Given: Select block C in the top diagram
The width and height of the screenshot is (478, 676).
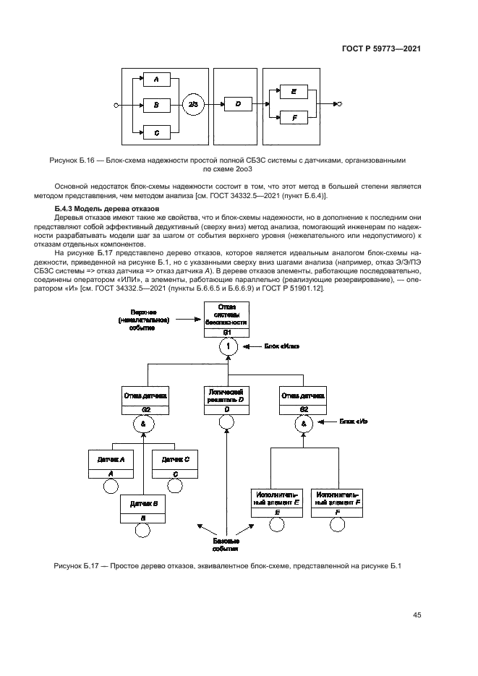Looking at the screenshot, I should click(x=156, y=132).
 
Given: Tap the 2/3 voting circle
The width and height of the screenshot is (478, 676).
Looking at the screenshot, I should click(x=192, y=106).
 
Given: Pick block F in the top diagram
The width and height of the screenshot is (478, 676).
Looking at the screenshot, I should click(x=294, y=117).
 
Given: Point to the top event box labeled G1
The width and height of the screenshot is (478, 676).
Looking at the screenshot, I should click(x=227, y=322).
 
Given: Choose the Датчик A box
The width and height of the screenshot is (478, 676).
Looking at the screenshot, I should click(x=111, y=464).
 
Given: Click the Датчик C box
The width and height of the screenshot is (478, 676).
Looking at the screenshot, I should click(x=176, y=464).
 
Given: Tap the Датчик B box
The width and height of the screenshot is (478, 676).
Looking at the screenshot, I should click(x=143, y=508).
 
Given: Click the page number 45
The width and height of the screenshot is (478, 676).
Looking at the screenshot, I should click(x=417, y=615).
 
